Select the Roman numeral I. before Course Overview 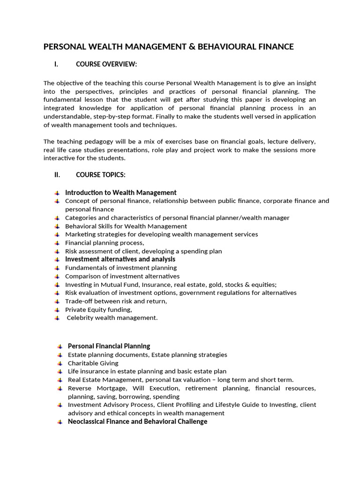56,64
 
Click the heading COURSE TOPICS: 100,175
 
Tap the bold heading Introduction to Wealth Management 120,192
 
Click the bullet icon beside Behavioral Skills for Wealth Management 57,226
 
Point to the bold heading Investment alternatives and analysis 120,259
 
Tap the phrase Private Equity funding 98,309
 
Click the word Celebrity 81,318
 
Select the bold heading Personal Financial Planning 109,346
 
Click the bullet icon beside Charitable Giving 60,363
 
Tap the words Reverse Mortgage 97,388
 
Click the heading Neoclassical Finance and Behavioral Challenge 137,421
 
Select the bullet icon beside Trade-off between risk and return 57,301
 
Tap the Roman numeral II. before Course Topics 57,175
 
